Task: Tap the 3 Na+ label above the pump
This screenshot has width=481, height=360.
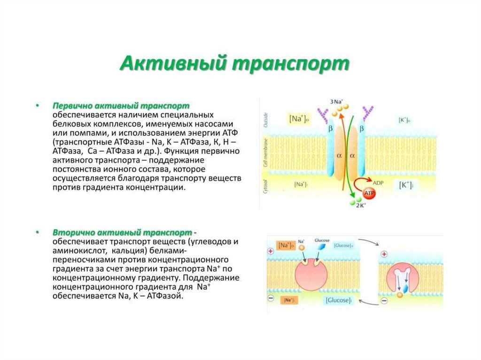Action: coord(336,101)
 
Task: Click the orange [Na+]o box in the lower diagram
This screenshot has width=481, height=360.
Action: coord(285,245)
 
